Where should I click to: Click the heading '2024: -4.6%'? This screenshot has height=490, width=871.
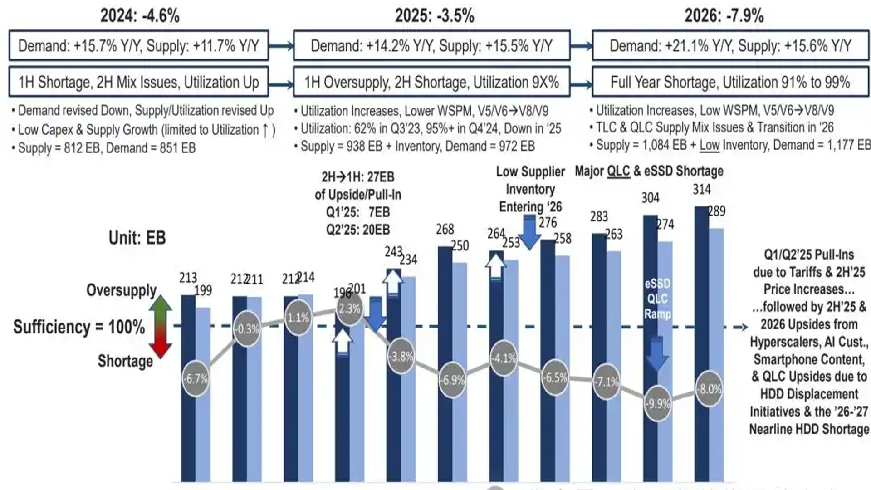click(140, 16)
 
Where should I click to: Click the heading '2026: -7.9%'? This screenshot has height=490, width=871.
click(724, 16)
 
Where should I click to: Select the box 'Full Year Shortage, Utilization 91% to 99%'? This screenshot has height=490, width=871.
click(730, 82)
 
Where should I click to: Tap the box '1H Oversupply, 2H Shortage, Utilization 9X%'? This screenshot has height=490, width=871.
click(431, 82)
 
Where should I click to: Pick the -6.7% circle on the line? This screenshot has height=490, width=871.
click(196, 378)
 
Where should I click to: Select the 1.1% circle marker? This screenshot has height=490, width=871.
click(298, 318)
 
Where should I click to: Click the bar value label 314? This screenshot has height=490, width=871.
click(701, 190)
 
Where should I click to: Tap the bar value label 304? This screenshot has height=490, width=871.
click(650, 198)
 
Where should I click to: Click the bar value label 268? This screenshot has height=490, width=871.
click(445, 230)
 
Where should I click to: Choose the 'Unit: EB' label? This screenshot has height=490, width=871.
click(137, 238)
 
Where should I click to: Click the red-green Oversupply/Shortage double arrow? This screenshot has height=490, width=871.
click(161, 327)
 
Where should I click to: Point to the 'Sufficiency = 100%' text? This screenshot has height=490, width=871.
click(79, 327)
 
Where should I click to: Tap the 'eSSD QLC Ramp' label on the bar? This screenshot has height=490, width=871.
click(657, 299)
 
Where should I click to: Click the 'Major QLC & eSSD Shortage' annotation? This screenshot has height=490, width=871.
click(649, 171)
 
